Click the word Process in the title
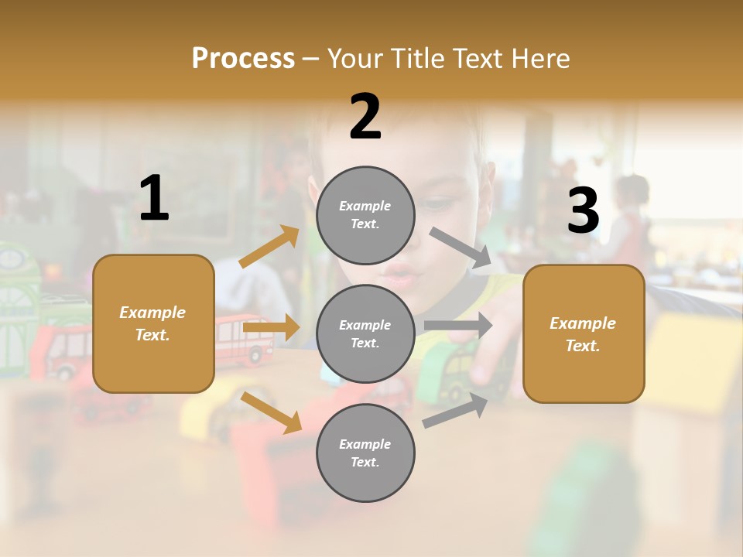click(243, 58)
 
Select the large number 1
click(154, 199)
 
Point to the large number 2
click(365, 117)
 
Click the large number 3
click(583, 210)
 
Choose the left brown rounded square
click(153, 323)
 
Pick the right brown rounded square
click(584, 333)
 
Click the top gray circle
click(365, 215)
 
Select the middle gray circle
click(365, 333)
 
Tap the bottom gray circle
click(365, 453)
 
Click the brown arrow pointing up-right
click(269, 246)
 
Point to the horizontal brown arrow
click(271, 328)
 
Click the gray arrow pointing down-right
click(461, 248)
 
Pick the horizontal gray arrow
click(458, 326)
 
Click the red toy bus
click(242, 340)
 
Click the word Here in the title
click(539, 58)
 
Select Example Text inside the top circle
click(365, 215)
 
